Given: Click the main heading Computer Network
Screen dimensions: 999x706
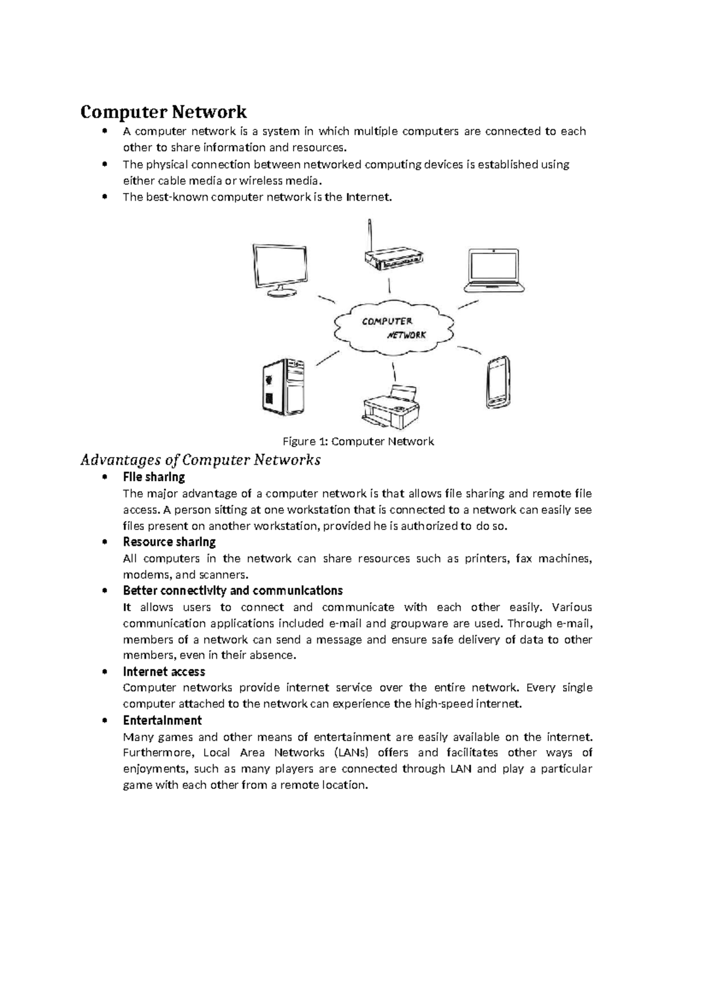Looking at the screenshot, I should tap(164, 111).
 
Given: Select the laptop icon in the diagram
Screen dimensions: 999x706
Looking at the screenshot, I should tap(494, 271).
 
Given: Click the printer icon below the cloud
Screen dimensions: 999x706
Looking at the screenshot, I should tap(391, 407).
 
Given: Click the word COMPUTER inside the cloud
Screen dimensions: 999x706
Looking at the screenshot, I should tap(387, 321).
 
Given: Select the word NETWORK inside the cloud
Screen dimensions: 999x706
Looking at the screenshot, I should tap(407, 335).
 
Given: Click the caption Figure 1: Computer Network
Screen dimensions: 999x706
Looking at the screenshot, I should tap(358, 441).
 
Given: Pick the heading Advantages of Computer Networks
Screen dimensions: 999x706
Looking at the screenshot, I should tap(200, 459).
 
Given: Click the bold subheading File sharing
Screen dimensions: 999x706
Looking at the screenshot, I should tap(154, 477).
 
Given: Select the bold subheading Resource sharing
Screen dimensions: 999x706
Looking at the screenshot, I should tap(169, 542).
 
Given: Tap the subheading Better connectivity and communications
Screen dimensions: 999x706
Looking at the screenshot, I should tap(232, 590).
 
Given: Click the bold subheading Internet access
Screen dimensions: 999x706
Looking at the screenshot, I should tap(164, 671).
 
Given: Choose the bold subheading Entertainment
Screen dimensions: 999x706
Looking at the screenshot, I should tap(162, 720).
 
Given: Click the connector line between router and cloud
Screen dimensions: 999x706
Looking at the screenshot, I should tap(389, 286).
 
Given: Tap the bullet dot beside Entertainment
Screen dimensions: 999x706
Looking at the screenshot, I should tap(105, 721).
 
